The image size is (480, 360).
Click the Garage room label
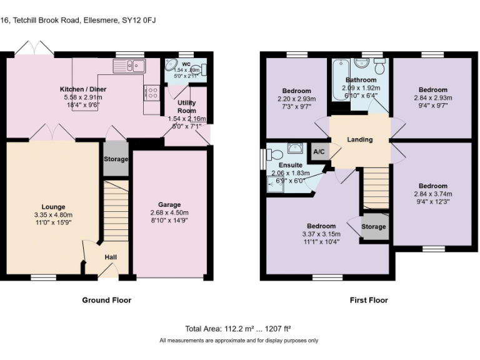click(x=169, y=204)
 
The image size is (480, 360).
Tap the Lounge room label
click(x=53, y=207)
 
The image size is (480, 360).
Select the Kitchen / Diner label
click(x=83, y=89)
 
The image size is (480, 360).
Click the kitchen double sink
click(x=129, y=66)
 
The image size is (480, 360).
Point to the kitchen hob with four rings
click(x=151, y=92)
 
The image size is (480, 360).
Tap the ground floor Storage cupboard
click(x=116, y=159)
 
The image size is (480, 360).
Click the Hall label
click(x=110, y=257)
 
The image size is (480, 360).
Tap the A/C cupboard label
click(x=319, y=151)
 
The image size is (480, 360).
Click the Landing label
click(x=359, y=139)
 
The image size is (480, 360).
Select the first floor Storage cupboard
click(x=374, y=227)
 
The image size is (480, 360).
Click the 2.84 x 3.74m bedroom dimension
click(x=433, y=194)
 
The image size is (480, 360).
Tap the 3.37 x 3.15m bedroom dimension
click(x=321, y=234)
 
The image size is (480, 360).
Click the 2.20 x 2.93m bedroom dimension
click(x=297, y=99)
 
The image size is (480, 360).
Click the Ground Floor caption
click(x=107, y=300)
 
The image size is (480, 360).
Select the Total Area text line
click(x=238, y=329)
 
